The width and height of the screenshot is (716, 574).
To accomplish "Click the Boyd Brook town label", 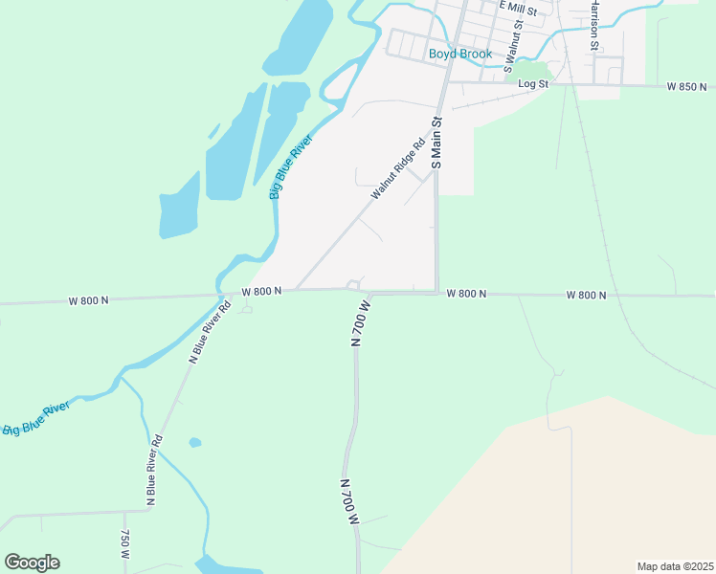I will click(459, 55).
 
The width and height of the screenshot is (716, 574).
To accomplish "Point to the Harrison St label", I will click(593, 26).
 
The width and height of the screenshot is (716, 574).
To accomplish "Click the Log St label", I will click(532, 84).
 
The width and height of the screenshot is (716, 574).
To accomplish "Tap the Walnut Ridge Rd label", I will click(397, 171).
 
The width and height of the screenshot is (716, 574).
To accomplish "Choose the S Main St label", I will click(436, 143).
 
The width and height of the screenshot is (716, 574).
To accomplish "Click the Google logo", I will click(32, 563).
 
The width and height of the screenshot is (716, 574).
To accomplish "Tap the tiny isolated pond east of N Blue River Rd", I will click(195, 443).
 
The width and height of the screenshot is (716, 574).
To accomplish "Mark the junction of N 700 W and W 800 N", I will click(365, 293).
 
